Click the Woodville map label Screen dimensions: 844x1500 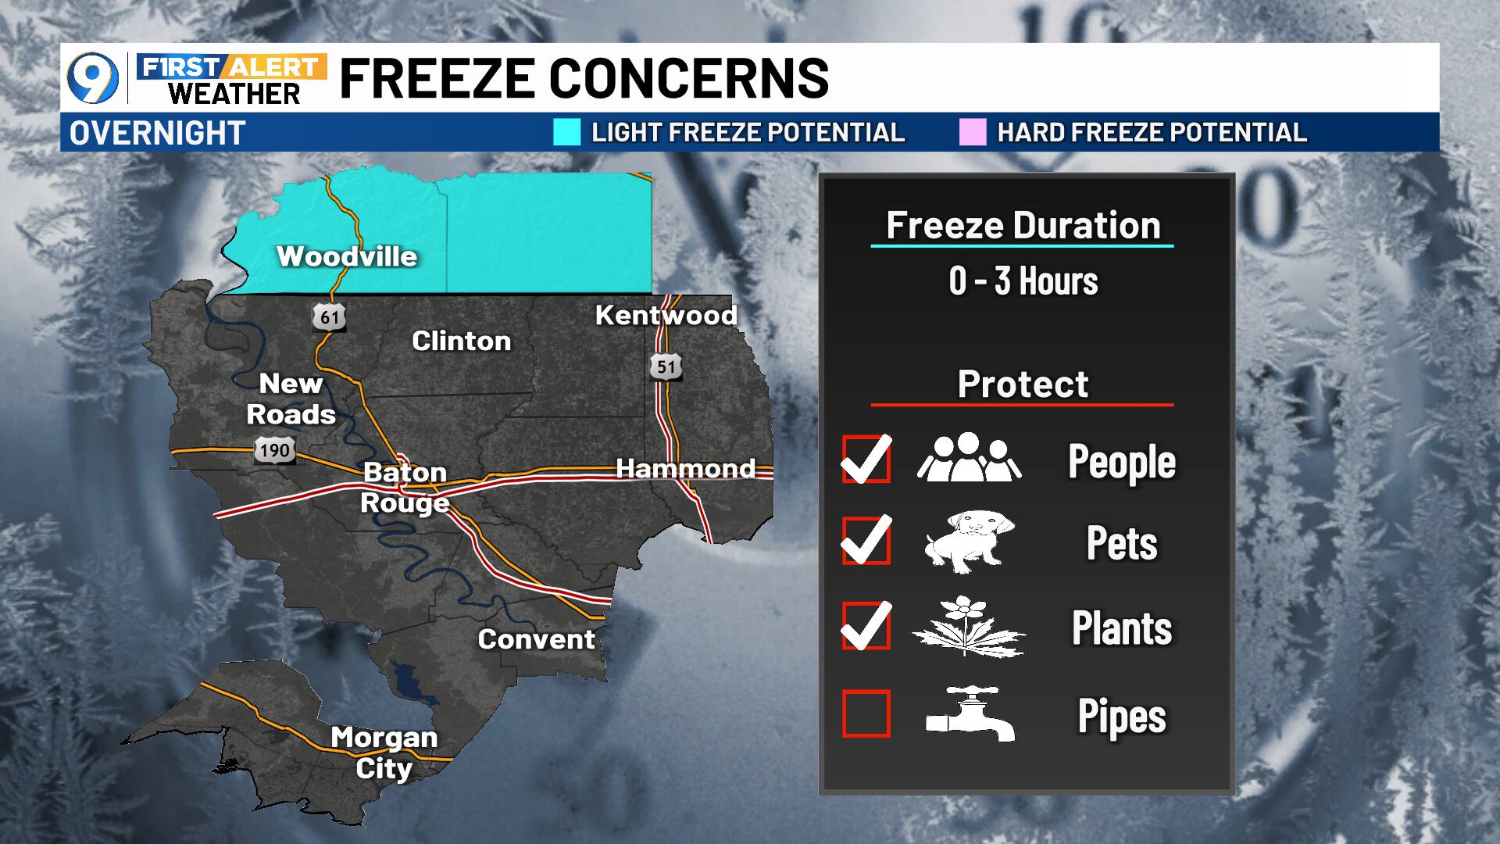[347, 256]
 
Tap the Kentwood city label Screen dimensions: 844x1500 [666, 315]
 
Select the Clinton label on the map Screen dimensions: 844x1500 [461, 341]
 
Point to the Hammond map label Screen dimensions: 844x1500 [685, 468]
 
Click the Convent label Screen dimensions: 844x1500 [536, 639]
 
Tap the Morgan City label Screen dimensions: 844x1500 [384, 752]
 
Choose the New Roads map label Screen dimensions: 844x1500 [291, 399]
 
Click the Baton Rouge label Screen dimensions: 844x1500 [405, 488]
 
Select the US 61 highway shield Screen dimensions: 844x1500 [329, 316]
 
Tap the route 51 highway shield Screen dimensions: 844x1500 [666, 367]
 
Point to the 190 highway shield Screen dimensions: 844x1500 [274, 450]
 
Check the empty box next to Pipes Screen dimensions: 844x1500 [866, 713]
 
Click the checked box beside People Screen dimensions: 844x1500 [866, 459]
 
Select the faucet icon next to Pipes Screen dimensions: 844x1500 [970, 713]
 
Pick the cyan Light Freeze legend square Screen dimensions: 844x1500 [566, 132]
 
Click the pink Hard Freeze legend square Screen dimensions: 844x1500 [973, 132]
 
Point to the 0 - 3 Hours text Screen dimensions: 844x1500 [1023, 281]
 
